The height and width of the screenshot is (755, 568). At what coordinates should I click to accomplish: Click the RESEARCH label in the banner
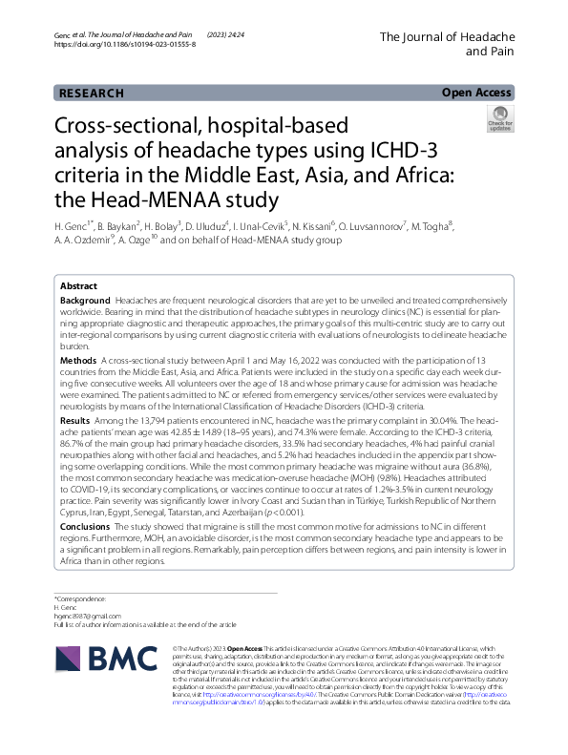pyautogui.click(x=92, y=94)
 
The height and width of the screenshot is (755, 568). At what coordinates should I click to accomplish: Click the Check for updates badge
pyautogui.click(x=499, y=120)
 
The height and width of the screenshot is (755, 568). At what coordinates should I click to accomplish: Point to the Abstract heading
pyautogui.click(x=78, y=260)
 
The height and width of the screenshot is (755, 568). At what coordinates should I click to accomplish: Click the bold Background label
pyautogui.click(x=85, y=272)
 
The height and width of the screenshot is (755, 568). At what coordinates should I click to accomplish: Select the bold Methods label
pyautogui.click(x=78, y=333)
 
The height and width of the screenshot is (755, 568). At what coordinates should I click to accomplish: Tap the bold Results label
pyautogui.click(x=75, y=393)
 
